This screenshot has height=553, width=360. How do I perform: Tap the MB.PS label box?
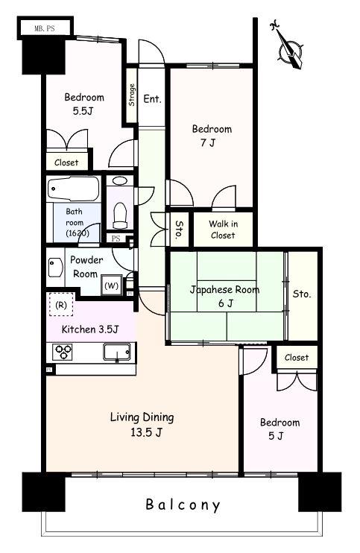pos(45,28)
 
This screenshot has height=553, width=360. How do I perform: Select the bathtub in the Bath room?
pos(74,189)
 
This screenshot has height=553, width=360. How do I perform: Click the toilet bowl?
pos(120,215)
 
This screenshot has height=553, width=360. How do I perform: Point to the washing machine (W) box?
pos(111,285)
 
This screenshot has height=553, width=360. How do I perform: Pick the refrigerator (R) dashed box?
pos(61,304)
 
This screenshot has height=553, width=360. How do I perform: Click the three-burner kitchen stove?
pos(63,352)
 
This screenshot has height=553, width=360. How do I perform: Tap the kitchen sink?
pos(117,352)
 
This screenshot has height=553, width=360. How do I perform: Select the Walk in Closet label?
pos(223,230)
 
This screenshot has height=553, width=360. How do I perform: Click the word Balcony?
pos(183,505)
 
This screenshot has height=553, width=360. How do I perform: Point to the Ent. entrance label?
pos(152,98)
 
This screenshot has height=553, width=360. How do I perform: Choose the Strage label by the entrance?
pos(132,95)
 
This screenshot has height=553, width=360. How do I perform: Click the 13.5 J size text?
pos(147,432)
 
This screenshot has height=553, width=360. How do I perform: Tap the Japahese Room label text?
pos(224,290)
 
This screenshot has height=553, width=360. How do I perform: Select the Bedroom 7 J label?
pos(212,136)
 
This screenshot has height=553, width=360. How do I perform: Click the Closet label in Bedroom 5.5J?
pos(66,162)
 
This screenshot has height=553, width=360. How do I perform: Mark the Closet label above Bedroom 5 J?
pos(297,357)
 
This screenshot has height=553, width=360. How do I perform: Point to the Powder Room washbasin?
pos(55,268)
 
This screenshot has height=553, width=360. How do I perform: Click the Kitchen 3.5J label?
pos(90,329)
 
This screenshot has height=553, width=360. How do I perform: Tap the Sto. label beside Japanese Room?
pos(302,294)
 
